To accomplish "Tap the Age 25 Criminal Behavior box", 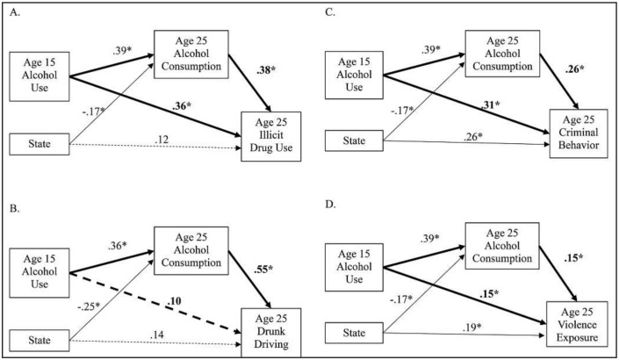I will coord(579,136).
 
